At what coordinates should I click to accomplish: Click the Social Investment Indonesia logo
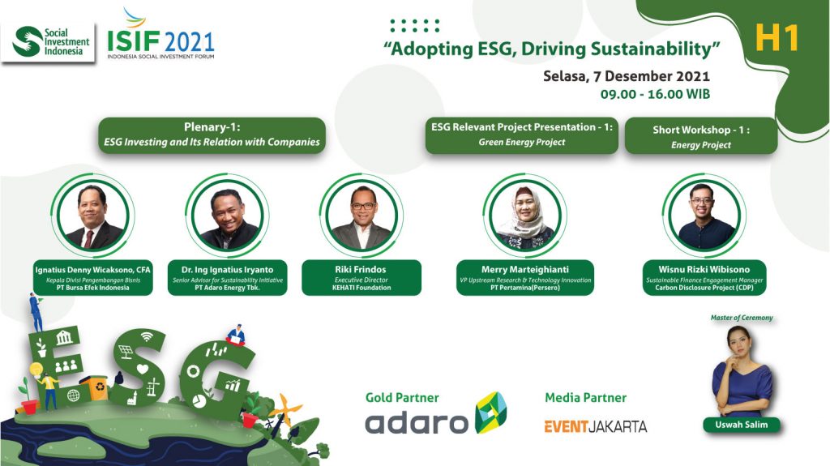pyautogui.click(x=48, y=43)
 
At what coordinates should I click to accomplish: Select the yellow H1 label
pyautogui.click(x=777, y=38)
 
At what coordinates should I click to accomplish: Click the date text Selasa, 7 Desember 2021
pyautogui.click(x=627, y=76)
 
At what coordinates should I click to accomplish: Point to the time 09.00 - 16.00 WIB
pyautogui.click(x=655, y=94)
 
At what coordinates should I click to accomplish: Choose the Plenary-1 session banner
pyautogui.click(x=212, y=135)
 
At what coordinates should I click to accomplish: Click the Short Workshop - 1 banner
pyautogui.click(x=701, y=137)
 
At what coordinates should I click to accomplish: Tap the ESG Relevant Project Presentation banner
pyautogui.click(x=521, y=135)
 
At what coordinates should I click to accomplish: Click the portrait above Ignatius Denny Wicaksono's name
pyautogui.click(x=92, y=216)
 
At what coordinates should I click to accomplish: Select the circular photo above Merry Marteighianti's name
pyautogui.click(x=524, y=216)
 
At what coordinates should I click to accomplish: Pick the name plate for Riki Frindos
pyautogui.click(x=362, y=277)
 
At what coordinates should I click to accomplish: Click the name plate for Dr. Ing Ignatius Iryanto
pyautogui.click(x=228, y=277)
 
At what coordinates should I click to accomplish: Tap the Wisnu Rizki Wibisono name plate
pyautogui.click(x=704, y=277)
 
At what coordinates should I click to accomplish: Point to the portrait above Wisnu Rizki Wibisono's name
pyautogui.click(x=704, y=216)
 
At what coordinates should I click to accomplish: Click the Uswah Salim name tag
pyautogui.click(x=741, y=425)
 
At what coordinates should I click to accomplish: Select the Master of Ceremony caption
pyautogui.click(x=742, y=318)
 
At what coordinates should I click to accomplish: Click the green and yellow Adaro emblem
pyautogui.click(x=490, y=413)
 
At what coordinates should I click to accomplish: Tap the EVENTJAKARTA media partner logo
pyautogui.click(x=596, y=426)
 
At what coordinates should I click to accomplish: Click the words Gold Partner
pyautogui.click(x=402, y=398)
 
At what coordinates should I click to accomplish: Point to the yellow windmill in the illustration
pyautogui.click(x=285, y=408)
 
